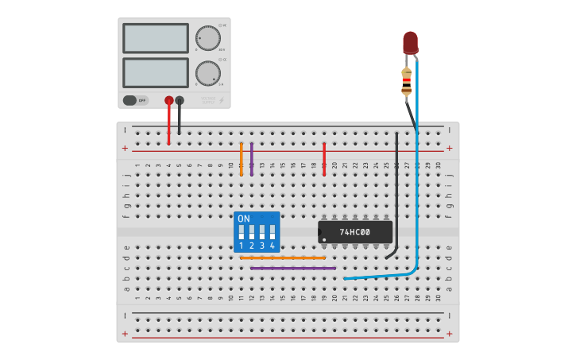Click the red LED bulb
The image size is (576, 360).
click(x=410, y=42)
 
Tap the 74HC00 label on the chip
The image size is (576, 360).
click(x=354, y=232)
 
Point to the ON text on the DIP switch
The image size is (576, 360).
click(x=244, y=219)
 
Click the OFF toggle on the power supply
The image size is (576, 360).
click(x=135, y=100)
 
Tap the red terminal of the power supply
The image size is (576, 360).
click(x=168, y=100)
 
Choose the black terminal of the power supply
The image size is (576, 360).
click(x=180, y=100)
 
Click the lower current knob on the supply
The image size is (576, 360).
click(x=207, y=73)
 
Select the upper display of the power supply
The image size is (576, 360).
click(x=156, y=38)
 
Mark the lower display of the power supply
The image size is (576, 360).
click(x=156, y=73)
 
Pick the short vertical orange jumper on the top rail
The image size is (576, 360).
click(x=242, y=159)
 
